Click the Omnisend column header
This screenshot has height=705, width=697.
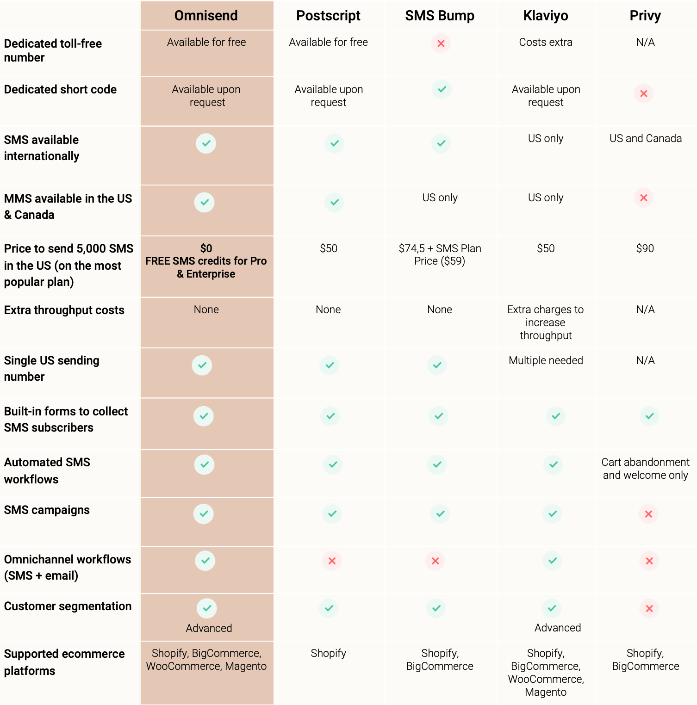click(206, 16)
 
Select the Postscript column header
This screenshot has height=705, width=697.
click(328, 16)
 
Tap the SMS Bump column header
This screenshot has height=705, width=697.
click(440, 16)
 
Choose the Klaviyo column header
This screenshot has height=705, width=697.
click(546, 16)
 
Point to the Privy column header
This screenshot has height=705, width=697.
click(645, 16)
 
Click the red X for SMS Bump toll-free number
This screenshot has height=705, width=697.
click(441, 43)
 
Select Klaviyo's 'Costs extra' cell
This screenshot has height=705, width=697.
click(546, 42)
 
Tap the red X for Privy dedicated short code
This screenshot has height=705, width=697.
click(643, 93)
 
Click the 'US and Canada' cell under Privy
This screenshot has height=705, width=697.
click(645, 138)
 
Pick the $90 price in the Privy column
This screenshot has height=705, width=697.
click(645, 248)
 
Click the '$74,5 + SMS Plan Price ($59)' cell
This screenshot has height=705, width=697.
click(440, 254)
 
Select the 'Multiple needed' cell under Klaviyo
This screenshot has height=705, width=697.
click(546, 360)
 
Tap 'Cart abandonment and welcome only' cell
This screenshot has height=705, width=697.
click(645, 469)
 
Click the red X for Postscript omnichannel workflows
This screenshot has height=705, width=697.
click(332, 561)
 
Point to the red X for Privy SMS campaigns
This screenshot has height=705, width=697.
click(648, 514)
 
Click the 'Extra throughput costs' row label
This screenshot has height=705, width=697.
click(64, 310)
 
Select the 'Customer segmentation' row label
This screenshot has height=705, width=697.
click(68, 606)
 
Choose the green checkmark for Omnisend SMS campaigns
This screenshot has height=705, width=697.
click(204, 514)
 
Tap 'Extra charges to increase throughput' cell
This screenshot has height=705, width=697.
click(546, 322)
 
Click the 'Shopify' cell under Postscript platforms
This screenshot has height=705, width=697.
click(328, 653)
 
